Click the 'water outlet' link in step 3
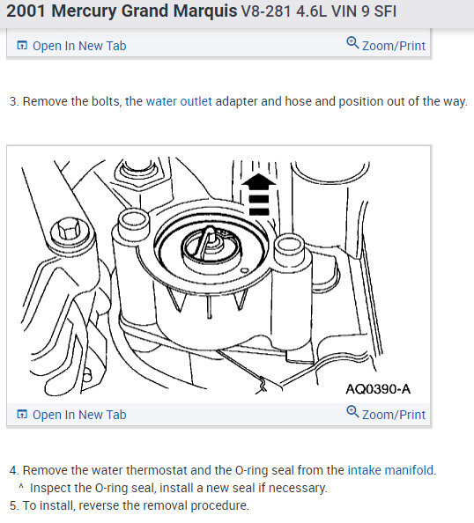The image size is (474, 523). tap(179, 101)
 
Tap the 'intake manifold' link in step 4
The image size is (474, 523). tap(390, 470)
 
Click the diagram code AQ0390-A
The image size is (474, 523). tap(378, 389)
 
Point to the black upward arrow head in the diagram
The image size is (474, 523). tap(259, 180)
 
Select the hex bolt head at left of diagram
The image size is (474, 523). tap(70, 230)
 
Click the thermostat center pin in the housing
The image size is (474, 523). tap(210, 238)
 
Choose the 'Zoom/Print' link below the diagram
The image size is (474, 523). tap(394, 415)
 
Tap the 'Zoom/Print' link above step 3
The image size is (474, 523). tap(394, 46)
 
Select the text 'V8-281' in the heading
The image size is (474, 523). tap(266, 11)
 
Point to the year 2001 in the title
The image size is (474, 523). tap(26, 11)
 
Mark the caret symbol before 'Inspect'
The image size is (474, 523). tap(21, 487)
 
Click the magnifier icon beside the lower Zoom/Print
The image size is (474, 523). tap(352, 411)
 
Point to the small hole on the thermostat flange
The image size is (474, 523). tap(244, 270)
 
